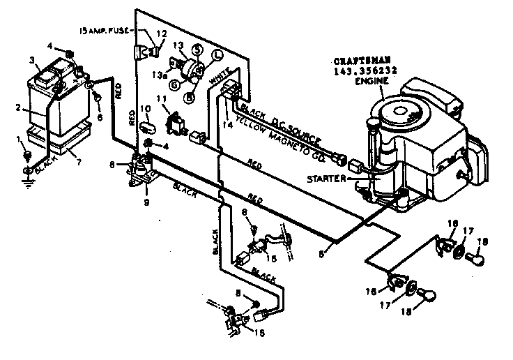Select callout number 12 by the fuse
(x=162, y=34)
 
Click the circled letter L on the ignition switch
(x=217, y=54)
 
